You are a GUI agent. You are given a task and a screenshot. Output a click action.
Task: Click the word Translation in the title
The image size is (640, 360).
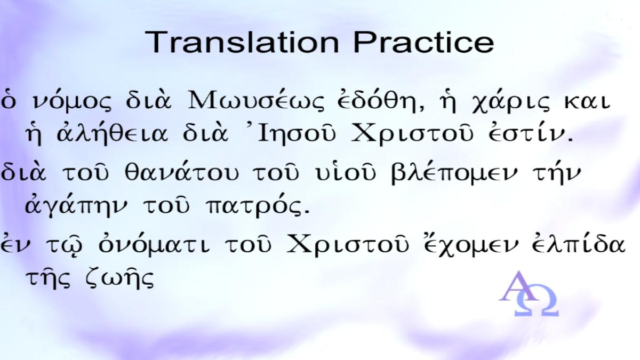tap(242, 42)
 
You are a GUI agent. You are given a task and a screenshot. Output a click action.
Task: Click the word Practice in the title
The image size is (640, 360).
tap(423, 42)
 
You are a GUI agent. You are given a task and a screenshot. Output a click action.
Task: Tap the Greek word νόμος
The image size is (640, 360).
tap(71, 101)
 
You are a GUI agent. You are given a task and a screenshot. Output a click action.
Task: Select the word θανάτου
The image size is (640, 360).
tap(181, 173)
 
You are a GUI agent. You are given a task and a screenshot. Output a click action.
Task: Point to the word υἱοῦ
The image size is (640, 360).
tap(346, 173)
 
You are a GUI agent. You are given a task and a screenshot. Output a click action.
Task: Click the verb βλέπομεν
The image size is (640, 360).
tap(454, 173)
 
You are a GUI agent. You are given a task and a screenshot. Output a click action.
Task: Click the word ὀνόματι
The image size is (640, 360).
tap(155, 244)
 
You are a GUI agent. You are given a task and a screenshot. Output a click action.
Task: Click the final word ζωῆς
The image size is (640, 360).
tap(120, 279)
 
